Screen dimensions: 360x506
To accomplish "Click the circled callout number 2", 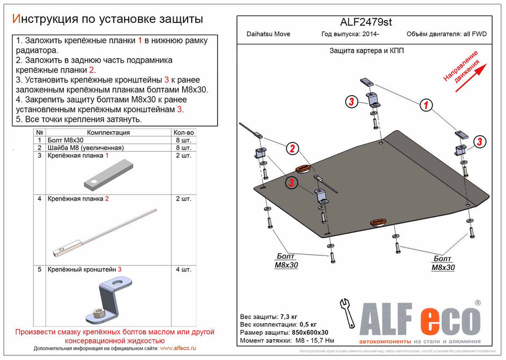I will (291, 148).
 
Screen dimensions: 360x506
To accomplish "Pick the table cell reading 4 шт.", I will (183, 270).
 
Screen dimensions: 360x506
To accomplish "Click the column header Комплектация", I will (108, 132).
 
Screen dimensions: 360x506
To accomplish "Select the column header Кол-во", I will (183, 132).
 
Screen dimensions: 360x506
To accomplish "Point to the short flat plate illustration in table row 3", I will (108, 173).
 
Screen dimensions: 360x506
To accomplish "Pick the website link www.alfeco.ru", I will (178, 349).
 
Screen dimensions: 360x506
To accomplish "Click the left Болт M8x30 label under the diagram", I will (286, 261).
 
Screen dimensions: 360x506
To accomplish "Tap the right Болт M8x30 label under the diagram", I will (443, 263).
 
